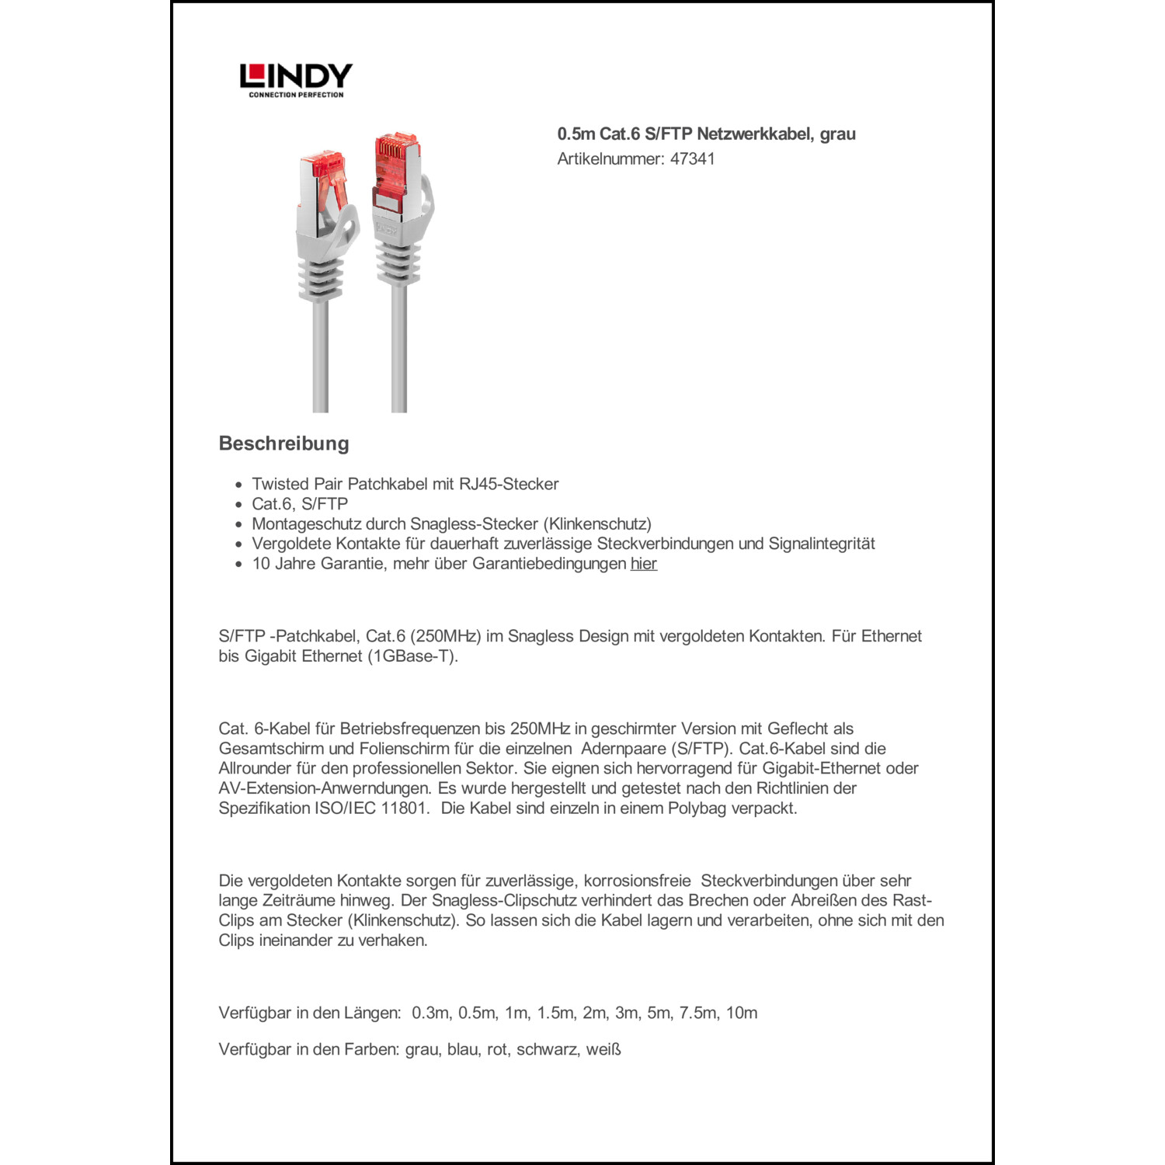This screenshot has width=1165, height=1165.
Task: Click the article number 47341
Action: pyautogui.click(x=692, y=159)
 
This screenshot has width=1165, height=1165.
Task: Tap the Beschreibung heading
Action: pyautogui.click(x=283, y=443)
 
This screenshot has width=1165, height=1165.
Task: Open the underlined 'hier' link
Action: pyautogui.click(x=643, y=564)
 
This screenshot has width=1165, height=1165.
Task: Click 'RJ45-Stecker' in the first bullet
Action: pyautogui.click(x=509, y=484)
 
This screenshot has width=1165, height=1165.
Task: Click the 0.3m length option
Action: pyautogui.click(x=430, y=1013)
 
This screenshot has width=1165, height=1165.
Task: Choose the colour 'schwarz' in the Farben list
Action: pyautogui.click(x=546, y=1049)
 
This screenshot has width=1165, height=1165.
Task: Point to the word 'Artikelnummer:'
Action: pyautogui.click(x=610, y=159)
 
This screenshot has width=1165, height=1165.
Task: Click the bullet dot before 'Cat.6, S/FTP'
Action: pyautogui.click(x=238, y=504)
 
